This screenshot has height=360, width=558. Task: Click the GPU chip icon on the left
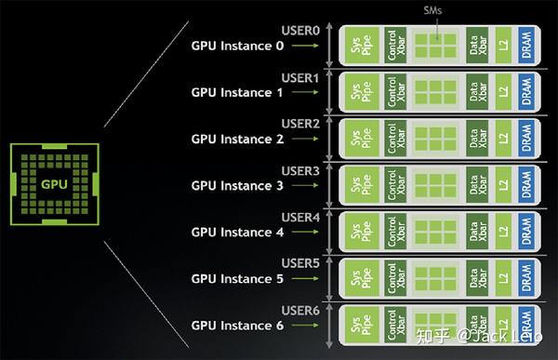click(x=55, y=182)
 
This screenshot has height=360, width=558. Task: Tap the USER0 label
click(x=300, y=31)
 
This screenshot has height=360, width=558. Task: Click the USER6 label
click(x=300, y=310)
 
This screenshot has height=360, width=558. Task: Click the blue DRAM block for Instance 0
click(x=528, y=45)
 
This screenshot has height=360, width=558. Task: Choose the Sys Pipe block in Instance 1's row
click(x=358, y=91)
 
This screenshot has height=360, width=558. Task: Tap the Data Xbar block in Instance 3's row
click(x=477, y=185)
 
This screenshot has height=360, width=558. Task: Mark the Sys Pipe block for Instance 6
click(x=358, y=323)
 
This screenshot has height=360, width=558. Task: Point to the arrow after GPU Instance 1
click(x=301, y=93)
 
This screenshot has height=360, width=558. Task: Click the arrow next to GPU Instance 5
click(x=301, y=278)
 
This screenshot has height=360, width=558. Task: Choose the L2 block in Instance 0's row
click(x=503, y=45)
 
